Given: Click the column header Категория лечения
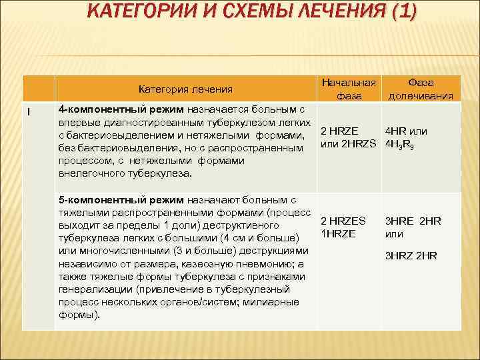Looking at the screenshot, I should pyautogui.click(x=185, y=89).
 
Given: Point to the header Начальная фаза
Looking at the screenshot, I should pyautogui.click(x=349, y=89).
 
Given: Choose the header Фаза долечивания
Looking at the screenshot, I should pyautogui.click(x=421, y=89).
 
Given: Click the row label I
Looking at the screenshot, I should pyautogui.click(x=28, y=111).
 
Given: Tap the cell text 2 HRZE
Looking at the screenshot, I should pyautogui.click(x=340, y=131).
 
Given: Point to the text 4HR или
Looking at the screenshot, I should pyautogui.click(x=407, y=131).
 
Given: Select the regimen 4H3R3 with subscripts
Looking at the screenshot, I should pyautogui.click(x=400, y=145).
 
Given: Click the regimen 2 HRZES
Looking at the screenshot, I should pyautogui.click(x=343, y=221).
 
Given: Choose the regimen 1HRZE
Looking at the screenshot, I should pyautogui.click(x=339, y=233).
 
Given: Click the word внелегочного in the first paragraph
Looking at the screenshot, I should pyautogui.click(x=89, y=173).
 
